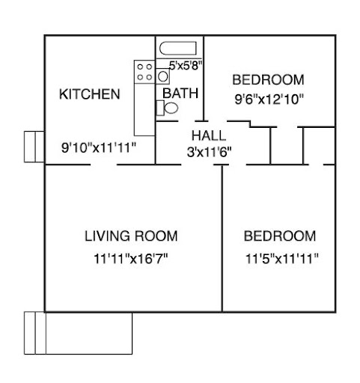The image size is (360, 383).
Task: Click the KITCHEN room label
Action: [90, 94]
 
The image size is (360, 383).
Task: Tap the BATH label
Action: [180, 94]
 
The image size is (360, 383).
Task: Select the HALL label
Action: [209, 135]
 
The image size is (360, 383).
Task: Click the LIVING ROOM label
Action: [131, 236]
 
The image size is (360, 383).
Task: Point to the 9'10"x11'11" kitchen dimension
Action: [99, 147]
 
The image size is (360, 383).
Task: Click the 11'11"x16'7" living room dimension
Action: [131, 259]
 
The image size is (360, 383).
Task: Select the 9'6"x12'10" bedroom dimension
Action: [269, 99]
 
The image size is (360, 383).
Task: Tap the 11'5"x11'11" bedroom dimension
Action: [282, 259]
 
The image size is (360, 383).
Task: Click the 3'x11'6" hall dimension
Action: [209, 152]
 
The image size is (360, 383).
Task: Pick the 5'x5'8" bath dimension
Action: [186, 66]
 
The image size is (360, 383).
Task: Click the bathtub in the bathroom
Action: [178, 49]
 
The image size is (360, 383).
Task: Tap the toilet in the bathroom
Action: [167, 108]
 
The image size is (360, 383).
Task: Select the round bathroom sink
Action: [163, 76]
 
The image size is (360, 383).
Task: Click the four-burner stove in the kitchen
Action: [144, 72]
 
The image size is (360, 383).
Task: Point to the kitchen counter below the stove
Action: [144, 110]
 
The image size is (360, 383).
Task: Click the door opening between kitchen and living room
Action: [104, 165]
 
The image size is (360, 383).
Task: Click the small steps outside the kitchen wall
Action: [34, 147]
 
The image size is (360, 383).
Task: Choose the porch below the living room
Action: [78, 333]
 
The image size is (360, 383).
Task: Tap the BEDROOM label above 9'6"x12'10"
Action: [268, 80]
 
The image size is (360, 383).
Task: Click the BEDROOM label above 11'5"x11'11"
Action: [280, 236]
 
